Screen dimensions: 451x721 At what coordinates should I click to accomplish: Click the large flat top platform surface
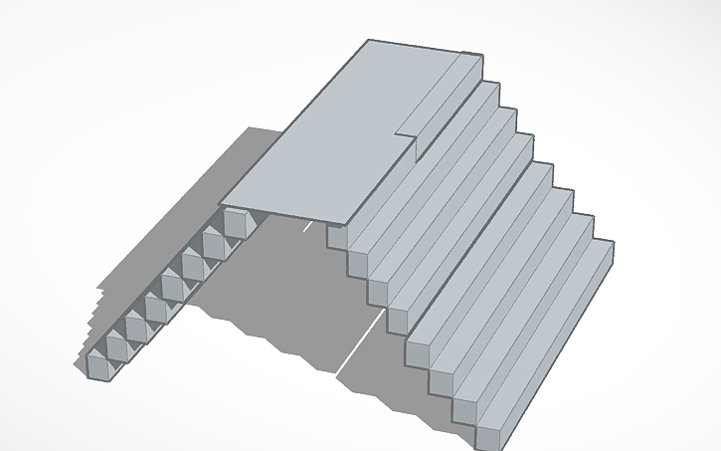pyautogui.click(x=338, y=139)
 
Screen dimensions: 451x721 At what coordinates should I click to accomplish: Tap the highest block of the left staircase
pyautogui.click(x=236, y=223)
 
